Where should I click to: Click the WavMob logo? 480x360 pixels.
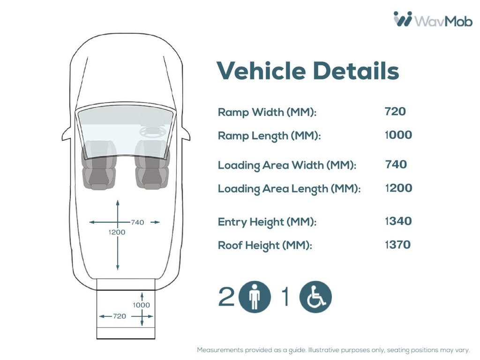433,19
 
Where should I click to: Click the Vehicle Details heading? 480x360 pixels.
307,70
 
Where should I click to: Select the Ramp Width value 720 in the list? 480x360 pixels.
395,112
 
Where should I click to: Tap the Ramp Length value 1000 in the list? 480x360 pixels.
398,135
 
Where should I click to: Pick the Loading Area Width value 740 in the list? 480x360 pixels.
396,165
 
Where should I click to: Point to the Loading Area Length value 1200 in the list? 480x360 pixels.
398,188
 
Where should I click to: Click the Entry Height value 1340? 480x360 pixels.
398,221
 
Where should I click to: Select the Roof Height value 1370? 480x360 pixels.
397,245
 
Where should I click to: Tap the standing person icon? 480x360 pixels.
255,297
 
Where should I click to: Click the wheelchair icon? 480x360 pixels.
315,297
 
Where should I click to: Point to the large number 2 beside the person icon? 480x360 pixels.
226,296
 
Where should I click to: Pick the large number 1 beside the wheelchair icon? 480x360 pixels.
285,296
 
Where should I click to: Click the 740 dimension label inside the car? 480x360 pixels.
137,222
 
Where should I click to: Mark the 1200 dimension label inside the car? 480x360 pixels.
117,232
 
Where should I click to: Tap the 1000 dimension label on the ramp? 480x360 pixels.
142,305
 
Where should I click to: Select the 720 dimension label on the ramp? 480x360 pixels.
120,316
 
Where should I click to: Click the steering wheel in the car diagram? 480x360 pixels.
153,132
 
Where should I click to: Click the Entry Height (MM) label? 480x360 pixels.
267,222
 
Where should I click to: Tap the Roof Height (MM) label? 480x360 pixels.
265,245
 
